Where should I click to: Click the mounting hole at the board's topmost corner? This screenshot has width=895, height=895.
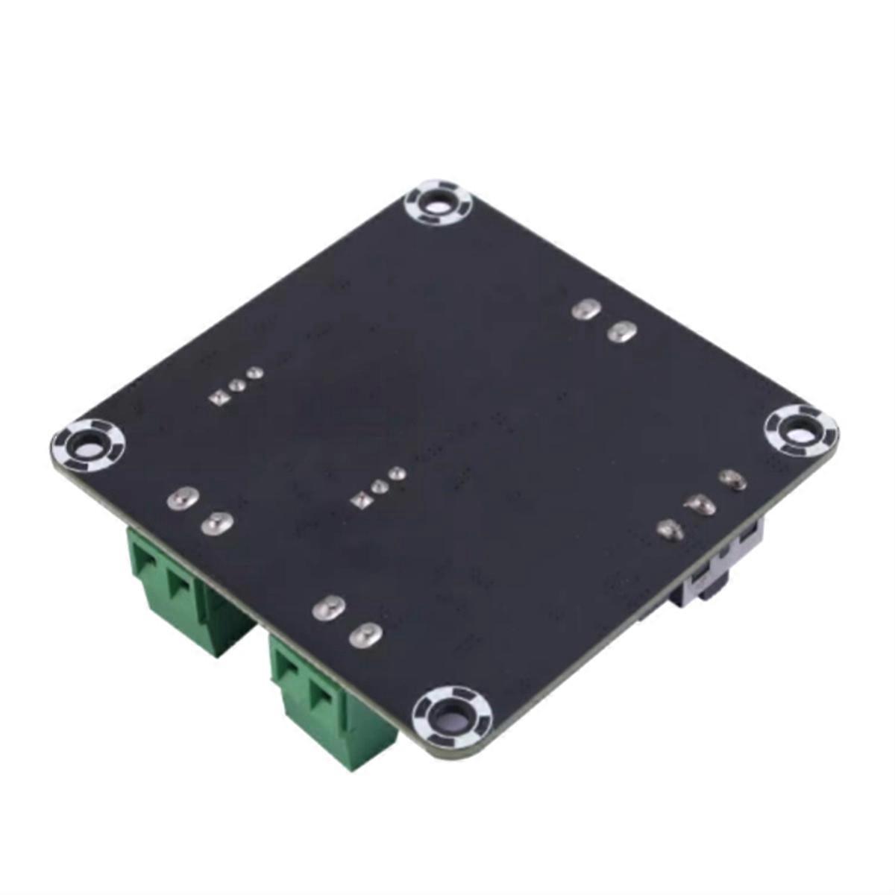tap(439, 202)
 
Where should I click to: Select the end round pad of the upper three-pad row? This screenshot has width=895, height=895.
tap(255, 371)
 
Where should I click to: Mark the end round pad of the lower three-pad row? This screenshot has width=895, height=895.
tap(397, 473)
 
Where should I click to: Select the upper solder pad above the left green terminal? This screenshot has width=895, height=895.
tap(180, 499)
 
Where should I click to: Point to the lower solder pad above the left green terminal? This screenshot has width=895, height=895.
tap(216, 524)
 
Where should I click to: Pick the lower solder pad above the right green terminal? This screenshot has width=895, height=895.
tap(365, 635)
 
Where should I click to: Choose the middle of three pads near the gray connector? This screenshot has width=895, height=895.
tap(701, 506)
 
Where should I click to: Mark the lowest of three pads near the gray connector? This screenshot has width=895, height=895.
tap(669, 530)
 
